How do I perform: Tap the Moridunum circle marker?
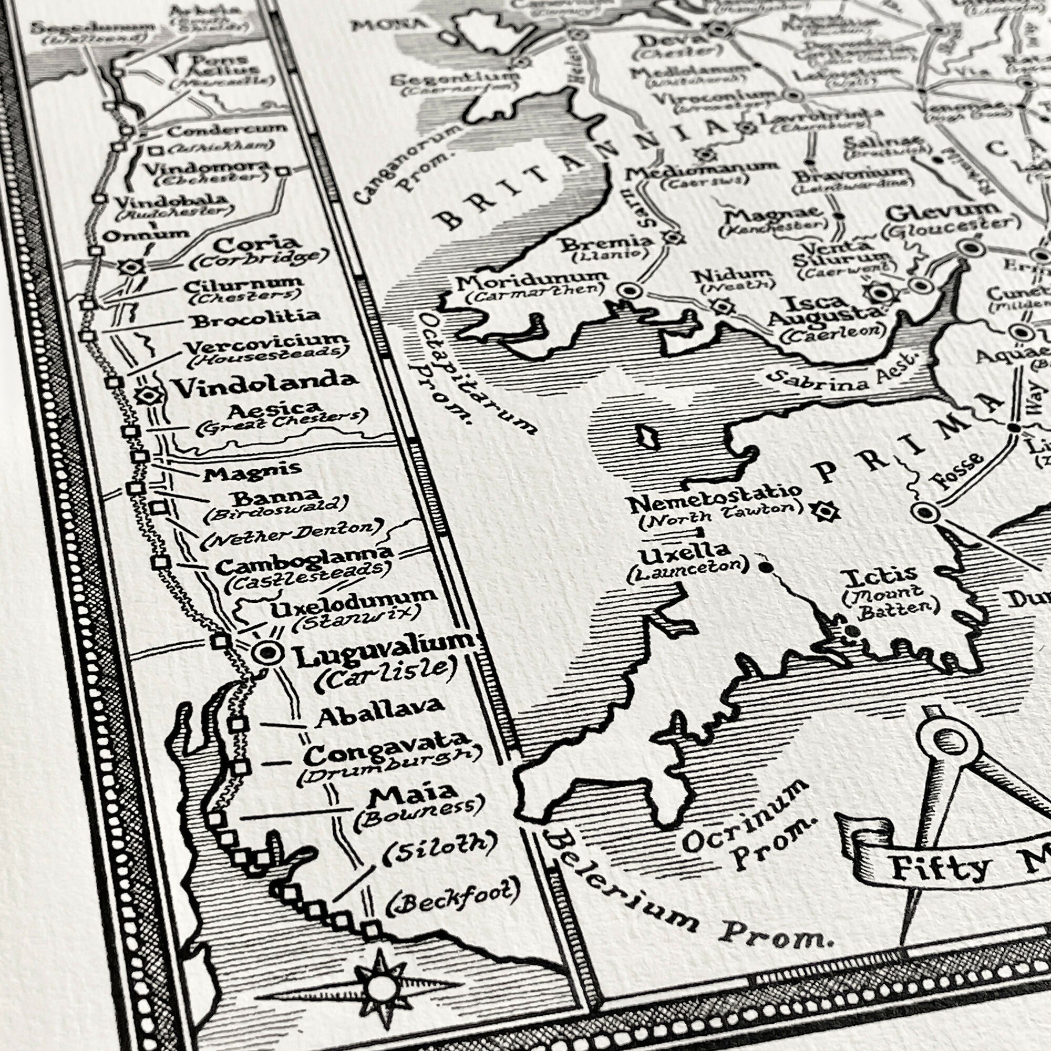[x=630, y=290]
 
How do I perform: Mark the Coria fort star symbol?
[x=132, y=266]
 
